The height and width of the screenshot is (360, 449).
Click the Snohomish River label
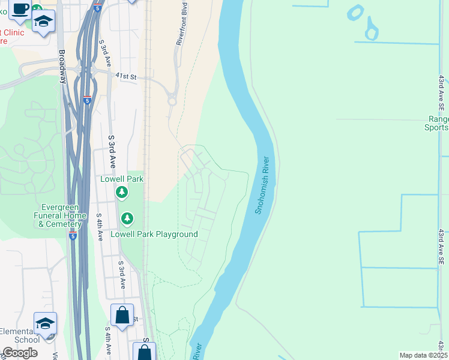pos(265,185)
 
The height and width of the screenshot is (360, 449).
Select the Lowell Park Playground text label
pos(154,234)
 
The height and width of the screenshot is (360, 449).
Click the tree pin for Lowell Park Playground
pos(127,218)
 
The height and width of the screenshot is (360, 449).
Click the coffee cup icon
pos(20,8)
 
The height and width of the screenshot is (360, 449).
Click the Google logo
pos(20,353)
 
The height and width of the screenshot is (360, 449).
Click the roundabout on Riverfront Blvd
pos(172,101)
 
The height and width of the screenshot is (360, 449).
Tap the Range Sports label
pos(438,123)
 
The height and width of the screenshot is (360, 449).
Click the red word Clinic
pos(13,32)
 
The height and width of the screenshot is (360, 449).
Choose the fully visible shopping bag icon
pos(122,316)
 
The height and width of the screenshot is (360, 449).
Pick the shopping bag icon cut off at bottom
pos(145,352)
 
